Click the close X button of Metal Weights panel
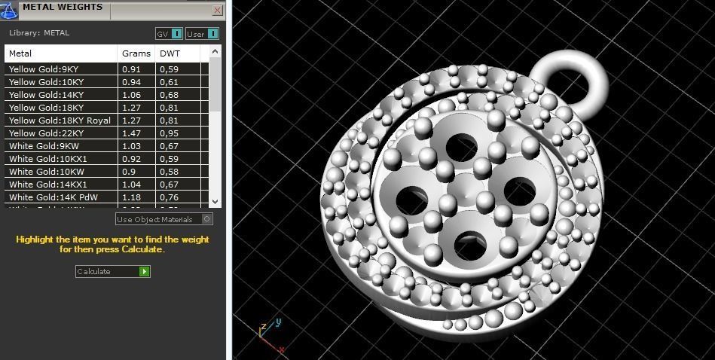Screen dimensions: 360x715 [217, 11]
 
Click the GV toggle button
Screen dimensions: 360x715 [169, 34]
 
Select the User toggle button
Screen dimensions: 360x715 [202, 34]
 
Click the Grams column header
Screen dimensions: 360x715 [136, 53]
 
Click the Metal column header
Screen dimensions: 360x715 [60, 53]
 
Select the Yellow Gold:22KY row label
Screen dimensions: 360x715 [46, 133]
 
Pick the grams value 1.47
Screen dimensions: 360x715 [131, 133]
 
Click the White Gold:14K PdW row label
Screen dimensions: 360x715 [53, 197]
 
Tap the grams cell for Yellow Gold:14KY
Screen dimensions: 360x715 [131, 95]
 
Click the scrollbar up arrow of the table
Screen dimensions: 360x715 [215, 51]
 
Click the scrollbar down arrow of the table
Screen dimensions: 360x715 [215, 201]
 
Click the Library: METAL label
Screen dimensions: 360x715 [39, 33]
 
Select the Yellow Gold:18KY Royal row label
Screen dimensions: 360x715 [60, 121]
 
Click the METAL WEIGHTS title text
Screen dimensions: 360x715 [63, 8]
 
